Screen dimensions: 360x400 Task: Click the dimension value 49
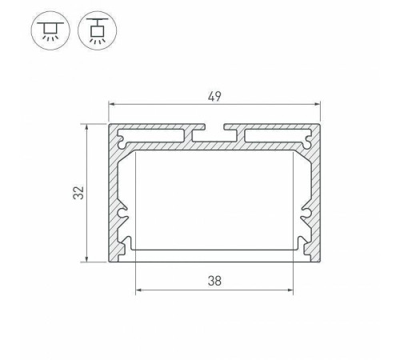click(214, 97)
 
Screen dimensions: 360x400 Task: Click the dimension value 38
click(214, 281)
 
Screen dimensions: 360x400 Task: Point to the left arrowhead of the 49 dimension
click(111, 105)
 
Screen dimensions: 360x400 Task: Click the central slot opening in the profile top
click(214, 128)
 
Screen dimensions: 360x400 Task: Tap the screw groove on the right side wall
click(306, 214)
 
